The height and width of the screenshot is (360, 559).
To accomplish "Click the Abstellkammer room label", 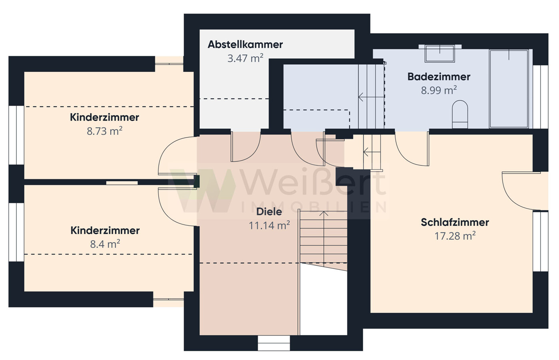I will [245, 44].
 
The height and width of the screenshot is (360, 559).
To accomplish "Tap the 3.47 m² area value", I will [245, 58].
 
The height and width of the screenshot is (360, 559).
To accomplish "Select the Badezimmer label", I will [438, 76].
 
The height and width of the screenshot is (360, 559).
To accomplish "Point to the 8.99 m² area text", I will [438, 90].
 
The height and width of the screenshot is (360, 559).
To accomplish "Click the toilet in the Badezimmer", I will [460, 114].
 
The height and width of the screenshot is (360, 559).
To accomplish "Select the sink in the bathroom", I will [440, 54].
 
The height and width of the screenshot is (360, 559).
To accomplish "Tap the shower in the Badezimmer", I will [509, 88].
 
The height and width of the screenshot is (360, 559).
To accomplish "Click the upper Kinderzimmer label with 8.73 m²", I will [104, 117].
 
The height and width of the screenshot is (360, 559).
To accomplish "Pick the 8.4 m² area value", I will [105, 244].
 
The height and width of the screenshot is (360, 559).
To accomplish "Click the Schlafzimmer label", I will [455, 222].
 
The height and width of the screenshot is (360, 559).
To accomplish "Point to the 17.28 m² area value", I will [455, 236].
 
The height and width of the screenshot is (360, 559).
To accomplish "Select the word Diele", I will [269, 212].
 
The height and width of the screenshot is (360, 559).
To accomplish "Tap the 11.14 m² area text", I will [269, 226].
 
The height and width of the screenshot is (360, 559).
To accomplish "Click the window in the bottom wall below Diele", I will [274, 343].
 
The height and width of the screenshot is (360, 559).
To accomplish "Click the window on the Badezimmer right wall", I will [540, 97].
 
